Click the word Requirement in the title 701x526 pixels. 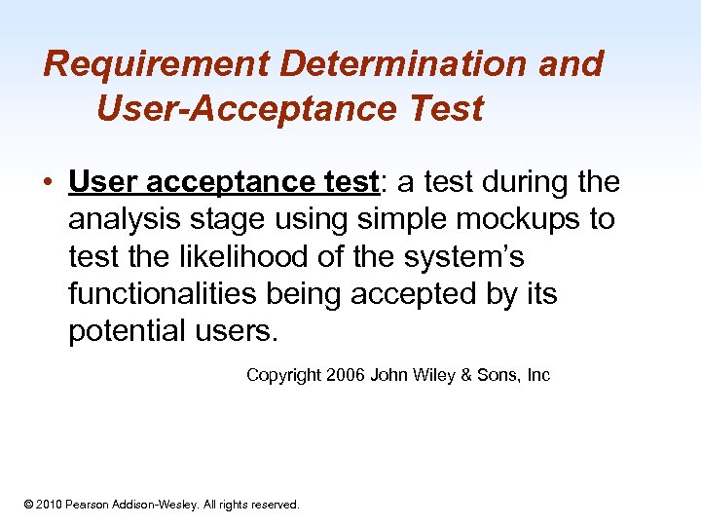[157, 64]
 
